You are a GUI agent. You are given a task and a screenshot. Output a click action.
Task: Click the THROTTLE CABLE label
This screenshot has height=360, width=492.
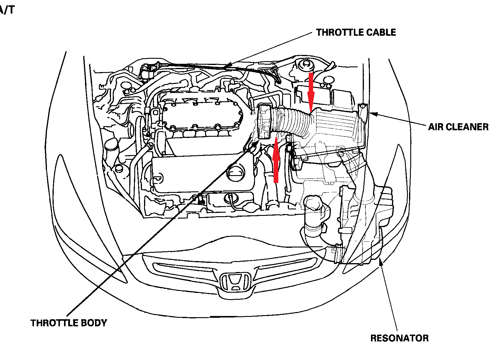tap(356, 32)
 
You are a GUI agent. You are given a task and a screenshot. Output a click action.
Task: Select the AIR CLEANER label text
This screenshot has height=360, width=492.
tap(458, 127)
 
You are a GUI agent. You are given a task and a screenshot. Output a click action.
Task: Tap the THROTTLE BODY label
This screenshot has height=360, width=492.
tap(69, 323)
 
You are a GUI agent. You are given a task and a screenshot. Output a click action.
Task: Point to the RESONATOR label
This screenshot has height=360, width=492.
tap(399, 338)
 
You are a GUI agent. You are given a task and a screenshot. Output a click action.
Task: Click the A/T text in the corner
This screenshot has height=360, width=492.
tap(6, 10)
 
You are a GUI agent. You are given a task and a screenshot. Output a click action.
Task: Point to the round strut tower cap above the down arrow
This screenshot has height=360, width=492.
tap(304, 65)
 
